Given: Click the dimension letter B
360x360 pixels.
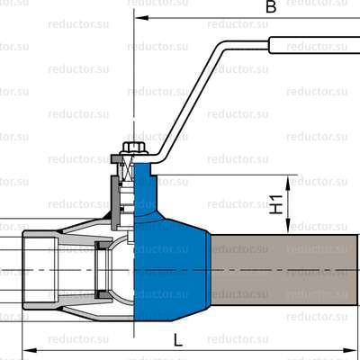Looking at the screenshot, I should point(269,7).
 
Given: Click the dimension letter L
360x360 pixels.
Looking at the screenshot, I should point(177,340).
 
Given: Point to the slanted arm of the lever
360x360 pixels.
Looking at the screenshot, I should point(193,99).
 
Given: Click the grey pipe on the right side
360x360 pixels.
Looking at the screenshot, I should point(283,270).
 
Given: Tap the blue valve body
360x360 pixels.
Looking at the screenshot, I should point(171,261).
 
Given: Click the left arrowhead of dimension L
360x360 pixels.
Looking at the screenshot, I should point(25,349).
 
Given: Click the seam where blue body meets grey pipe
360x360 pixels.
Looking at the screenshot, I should point(211,270).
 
